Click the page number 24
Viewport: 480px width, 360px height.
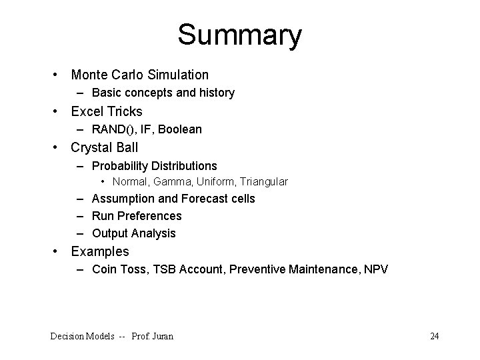pos(434,336)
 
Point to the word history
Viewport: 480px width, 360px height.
pos(215,93)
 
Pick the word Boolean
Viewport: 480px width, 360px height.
pos(179,129)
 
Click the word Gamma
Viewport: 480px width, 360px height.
pos(171,181)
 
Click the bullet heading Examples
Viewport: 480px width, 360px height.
pos(100,251)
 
